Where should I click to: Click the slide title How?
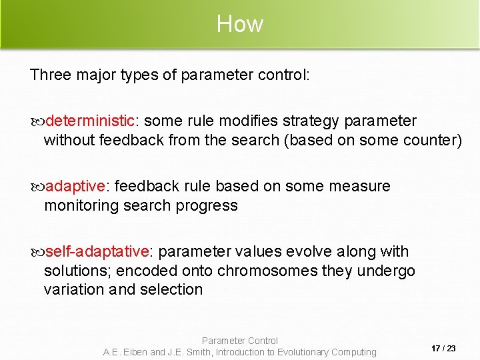click(x=240, y=25)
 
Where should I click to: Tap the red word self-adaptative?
click(x=97, y=251)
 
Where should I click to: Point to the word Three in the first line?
click(x=51, y=75)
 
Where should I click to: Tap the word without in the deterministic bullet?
click(x=69, y=140)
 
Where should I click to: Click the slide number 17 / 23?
click(x=443, y=349)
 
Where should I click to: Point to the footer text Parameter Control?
click(x=240, y=341)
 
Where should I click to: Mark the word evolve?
click(x=308, y=251)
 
